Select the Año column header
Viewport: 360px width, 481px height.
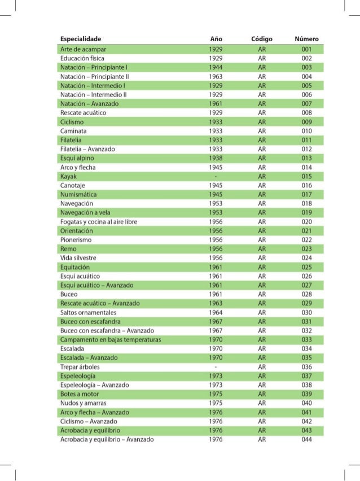click(x=216, y=39)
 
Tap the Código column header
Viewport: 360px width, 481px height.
click(x=262, y=39)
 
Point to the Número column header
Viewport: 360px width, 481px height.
click(x=306, y=39)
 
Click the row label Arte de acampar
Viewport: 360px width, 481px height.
click(x=82, y=49)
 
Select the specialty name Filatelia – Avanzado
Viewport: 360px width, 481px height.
click(x=87, y=149)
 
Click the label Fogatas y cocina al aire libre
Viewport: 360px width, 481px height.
click(x=99, y=222)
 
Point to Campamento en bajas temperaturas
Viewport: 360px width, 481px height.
click(x=111, y=340)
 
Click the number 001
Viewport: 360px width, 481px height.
click(x=306, y=49)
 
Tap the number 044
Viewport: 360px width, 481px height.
click(x=306, y=439)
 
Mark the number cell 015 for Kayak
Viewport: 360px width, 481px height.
click(x=306, y=176)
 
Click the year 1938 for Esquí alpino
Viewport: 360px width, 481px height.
click(x=216, y=158)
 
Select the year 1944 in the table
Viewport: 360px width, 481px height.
click(x=216, y=67)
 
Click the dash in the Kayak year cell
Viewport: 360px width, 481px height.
click(x=216, y=176)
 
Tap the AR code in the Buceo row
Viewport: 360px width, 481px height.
click(x=262, y=294)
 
